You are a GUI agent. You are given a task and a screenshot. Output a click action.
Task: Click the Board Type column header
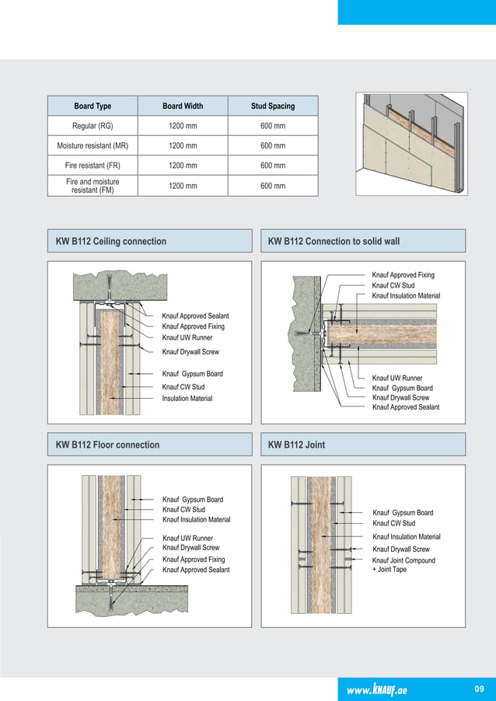93,106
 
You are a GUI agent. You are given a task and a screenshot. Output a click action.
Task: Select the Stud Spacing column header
272,106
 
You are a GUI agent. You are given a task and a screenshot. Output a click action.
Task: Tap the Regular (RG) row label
93,126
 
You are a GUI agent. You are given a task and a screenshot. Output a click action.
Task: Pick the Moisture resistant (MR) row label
93,146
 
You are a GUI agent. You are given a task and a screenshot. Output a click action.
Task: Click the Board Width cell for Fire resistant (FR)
183,166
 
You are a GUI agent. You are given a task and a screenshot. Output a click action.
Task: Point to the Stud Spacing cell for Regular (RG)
272,126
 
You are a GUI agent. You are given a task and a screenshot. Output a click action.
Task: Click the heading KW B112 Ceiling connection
111,242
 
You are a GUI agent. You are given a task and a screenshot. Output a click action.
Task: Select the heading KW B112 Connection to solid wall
334,242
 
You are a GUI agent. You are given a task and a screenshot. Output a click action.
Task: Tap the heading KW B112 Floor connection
107,445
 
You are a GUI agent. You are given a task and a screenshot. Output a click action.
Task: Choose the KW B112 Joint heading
296,445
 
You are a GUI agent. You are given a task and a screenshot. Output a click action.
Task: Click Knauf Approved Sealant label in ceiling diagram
195,316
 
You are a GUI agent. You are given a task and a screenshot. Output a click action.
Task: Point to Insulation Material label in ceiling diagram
187,399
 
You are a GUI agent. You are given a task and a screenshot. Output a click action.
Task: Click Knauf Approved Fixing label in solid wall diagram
403,275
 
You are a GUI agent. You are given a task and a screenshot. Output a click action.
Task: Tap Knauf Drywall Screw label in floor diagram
190,548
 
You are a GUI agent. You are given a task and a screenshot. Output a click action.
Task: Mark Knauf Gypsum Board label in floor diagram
192,500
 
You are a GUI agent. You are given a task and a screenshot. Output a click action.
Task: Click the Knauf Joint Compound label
403,560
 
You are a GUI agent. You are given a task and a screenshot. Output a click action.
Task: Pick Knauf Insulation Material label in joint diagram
407,537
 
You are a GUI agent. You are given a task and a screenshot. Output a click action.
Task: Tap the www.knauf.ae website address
382,688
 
